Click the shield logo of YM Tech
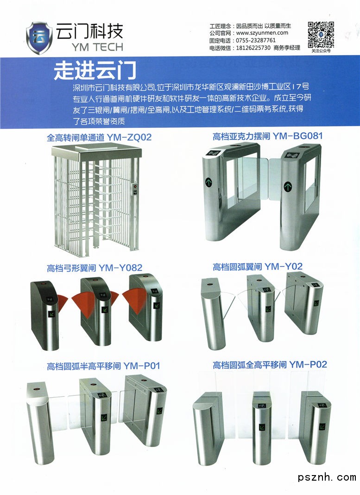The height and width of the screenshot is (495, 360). click(x=39, y=38)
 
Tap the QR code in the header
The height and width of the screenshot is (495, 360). click(x=321, y=34)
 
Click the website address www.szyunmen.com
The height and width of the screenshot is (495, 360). click(x=262, y=33)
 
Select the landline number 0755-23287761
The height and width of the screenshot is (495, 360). click(x=256, y=40)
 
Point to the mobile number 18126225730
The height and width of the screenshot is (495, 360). click(x=253, y=48)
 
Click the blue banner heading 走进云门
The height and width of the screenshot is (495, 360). click(x=95, y=70)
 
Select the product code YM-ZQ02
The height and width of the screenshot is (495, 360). click(x=129, y=137)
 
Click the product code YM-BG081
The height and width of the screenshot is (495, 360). click(x=297, y=136)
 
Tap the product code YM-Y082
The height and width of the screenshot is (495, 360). click(x=120, y=268)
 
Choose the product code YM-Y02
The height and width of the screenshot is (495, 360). click(x=284, y=267)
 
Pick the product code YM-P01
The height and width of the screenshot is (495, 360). click(x=142, y=366)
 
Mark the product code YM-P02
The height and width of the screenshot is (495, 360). click(x=308, y=365)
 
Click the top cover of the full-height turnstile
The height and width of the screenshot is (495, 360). click(x=96, y=151)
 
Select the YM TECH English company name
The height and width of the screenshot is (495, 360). click(x=97, y=47)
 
